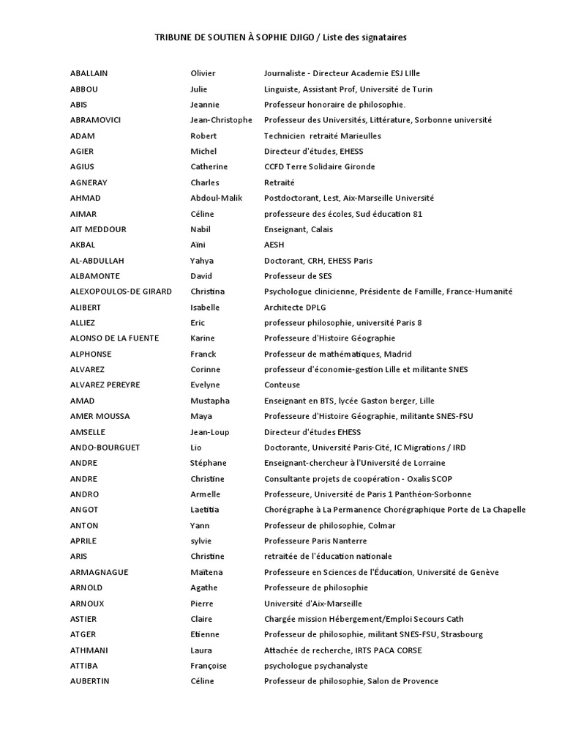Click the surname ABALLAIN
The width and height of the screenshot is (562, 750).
(89, 73)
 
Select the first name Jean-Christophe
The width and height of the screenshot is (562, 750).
(221, 120)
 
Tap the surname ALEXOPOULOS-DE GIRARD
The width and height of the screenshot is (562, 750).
(121, 292)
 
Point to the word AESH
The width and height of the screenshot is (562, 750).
(274, 245)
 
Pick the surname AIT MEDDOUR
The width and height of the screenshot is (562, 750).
(98, 229)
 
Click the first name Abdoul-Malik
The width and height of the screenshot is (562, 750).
(217, 198)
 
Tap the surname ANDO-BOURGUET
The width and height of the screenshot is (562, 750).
(105, 448)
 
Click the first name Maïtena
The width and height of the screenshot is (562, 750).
(206, 572)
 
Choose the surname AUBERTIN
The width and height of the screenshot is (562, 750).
(89, 681)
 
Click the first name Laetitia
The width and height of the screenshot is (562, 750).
(205, 510)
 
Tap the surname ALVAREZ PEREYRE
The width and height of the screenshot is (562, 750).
(105, 385)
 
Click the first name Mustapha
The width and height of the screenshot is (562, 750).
(210, 401)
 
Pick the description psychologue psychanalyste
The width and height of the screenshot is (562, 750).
(315, 666)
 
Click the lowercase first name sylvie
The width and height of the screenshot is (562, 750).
(201, 541)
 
